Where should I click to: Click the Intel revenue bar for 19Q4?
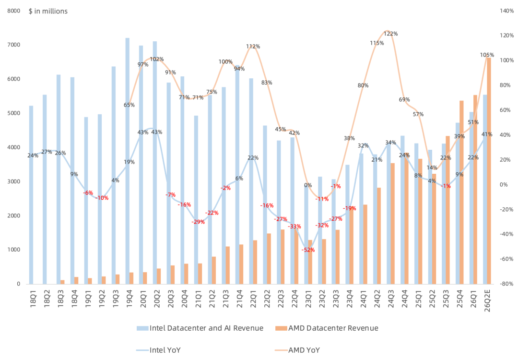(127, 161)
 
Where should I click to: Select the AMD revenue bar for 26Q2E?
(489, 171)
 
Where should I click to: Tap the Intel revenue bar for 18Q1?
(31, 195)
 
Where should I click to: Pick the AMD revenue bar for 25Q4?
(461, 192)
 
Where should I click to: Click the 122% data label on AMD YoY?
(390, 34)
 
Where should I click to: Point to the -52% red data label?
(308, 250)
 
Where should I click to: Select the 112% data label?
(253, 47)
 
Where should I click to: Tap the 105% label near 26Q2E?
(487, 55)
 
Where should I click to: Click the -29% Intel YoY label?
(198, 222)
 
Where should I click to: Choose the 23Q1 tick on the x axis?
(308, 298)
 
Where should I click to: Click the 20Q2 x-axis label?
(157, 298)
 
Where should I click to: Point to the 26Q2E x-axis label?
(487, 300)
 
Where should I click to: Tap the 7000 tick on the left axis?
(14, 45)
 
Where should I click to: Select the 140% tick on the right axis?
(507, 11)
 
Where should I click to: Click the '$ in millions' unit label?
(48, 11)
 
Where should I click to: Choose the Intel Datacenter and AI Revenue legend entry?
(200, 328)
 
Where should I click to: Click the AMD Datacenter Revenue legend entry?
(327, 328)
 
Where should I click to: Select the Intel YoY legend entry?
(159, 350)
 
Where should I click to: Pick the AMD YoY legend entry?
(297, 350)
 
